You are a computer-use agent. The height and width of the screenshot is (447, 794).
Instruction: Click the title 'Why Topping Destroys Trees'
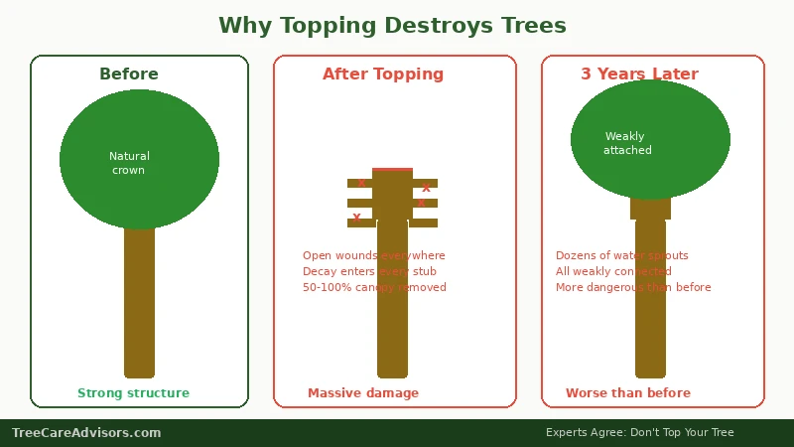click(392, 25)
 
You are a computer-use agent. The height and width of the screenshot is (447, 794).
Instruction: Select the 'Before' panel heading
click(129, 74)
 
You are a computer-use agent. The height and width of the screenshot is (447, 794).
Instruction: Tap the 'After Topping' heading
click(383, 74)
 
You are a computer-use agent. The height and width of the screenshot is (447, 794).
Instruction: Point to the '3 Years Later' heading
click(639, 74)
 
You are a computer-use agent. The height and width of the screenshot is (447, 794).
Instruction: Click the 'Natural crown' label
click(129, 163)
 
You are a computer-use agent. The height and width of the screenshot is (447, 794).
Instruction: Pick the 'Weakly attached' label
click(627, 143)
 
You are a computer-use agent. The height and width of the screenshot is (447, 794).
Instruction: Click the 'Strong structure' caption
click(133, 393)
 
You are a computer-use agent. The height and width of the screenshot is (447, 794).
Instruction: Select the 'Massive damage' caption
click(363, 393)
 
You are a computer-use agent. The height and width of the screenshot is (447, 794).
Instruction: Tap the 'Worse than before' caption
click(628, 393)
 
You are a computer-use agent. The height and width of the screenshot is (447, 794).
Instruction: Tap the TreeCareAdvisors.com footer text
click(86, 433)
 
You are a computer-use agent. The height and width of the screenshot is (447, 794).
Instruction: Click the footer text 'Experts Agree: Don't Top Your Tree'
click(639, 433)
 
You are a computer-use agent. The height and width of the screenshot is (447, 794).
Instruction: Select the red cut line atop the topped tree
click(392, 169)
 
